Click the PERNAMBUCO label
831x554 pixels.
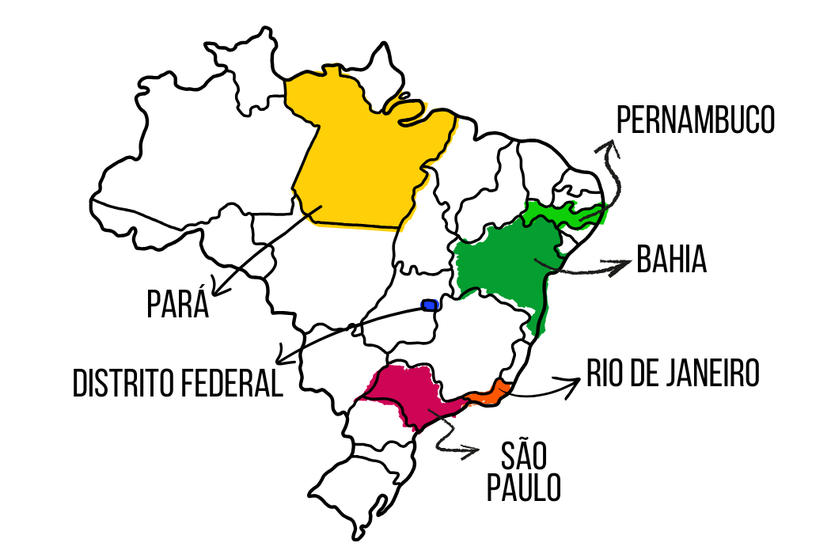(695, 121)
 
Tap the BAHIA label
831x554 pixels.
(671, 259)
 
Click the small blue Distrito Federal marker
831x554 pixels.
(430, 305)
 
